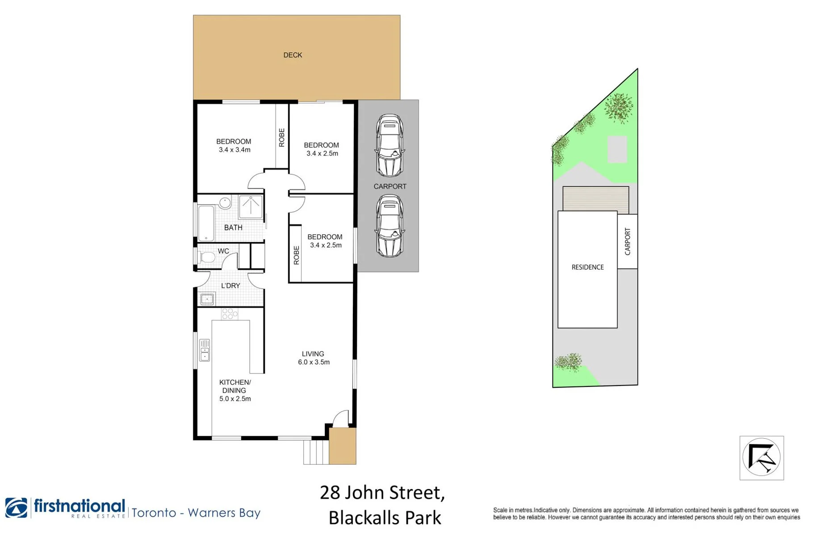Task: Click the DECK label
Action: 293,55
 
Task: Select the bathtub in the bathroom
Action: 206,223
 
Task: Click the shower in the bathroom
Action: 251,206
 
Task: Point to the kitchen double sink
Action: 205,350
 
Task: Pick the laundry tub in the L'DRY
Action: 207,299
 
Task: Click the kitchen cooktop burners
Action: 230,314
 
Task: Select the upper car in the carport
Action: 390,145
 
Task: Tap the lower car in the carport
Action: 390,226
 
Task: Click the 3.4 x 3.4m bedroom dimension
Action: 235,150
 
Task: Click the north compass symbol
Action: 762,458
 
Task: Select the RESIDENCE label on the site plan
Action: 587,267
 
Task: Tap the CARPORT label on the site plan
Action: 628,242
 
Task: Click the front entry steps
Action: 316,452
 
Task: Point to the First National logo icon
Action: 17,508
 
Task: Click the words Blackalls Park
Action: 385,518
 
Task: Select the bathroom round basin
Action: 225,203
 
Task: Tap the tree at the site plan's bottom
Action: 569,362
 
